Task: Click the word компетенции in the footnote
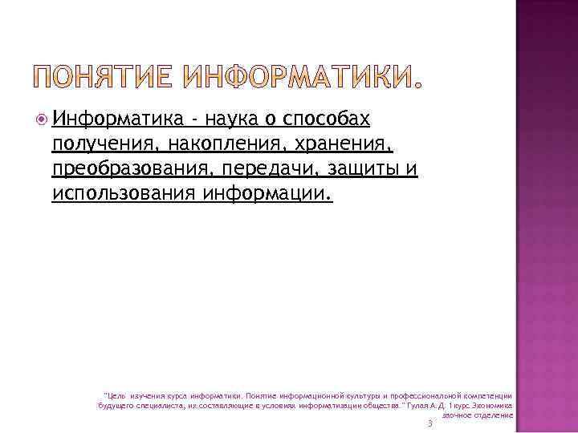coord(486,396)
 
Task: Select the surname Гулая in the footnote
coord(420,406)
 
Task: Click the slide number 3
coord(430,423)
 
